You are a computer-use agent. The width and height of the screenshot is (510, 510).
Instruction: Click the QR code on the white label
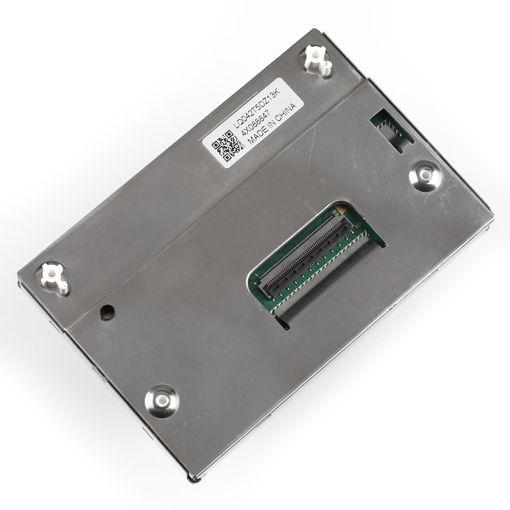coord(227,145)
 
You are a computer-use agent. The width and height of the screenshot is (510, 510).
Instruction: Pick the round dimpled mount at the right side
coord(425,175)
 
